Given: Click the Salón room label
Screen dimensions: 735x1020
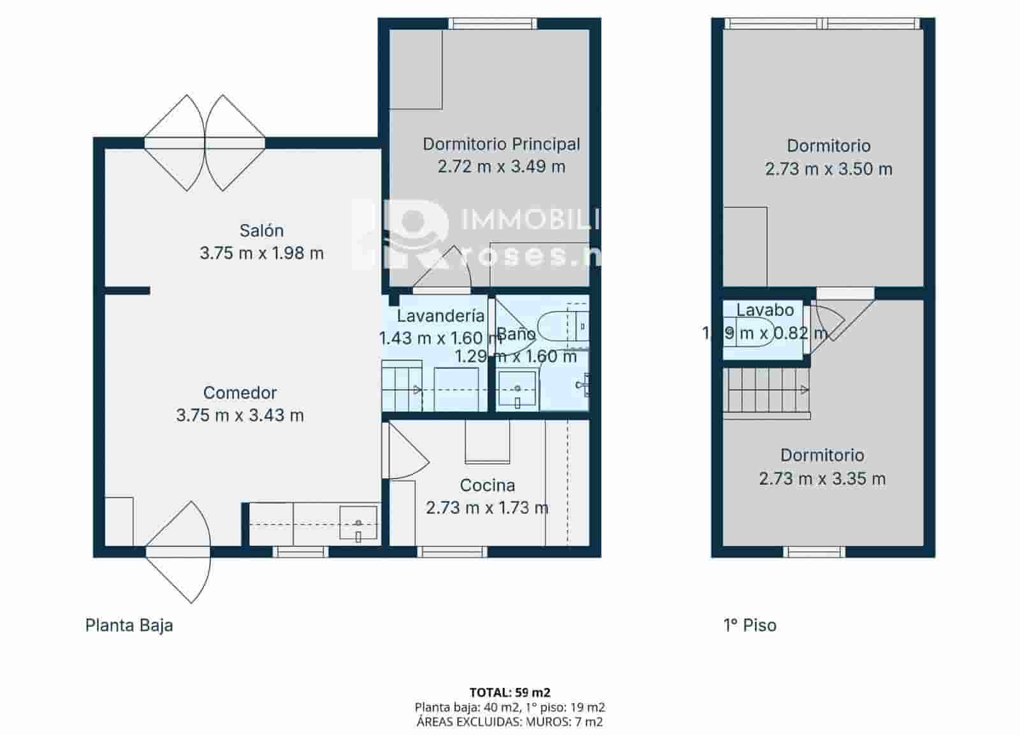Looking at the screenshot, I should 261,231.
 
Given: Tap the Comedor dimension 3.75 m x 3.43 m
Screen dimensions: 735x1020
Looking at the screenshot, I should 240,415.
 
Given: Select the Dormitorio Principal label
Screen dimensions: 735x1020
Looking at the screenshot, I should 501,144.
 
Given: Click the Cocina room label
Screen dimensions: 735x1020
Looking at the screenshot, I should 487,485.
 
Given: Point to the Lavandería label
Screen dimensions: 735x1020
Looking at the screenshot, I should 441,315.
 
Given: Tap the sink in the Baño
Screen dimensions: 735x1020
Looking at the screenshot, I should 517,389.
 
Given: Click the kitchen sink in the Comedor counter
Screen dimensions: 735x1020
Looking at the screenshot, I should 358,523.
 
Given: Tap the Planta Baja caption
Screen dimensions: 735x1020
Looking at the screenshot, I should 129,625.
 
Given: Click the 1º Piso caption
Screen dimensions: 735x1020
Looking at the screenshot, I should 750,625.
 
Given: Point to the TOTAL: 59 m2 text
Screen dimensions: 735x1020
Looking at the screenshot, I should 509,692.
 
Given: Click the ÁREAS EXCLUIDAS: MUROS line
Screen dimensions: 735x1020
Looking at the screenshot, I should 509,722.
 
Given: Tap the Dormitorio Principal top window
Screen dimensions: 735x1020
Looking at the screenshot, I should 492,24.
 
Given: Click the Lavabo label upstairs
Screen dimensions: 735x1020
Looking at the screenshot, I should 765,310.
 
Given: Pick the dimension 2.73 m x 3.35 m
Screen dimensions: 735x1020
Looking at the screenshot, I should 822,478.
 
